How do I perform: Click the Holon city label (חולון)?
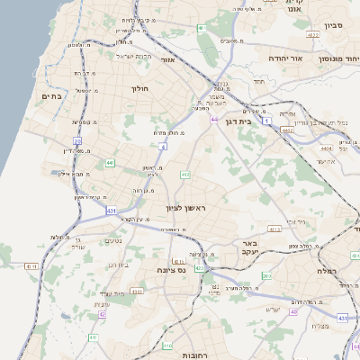pos(139,88)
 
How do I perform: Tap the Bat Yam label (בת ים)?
pos(49,95)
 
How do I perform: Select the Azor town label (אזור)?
pos(166,60)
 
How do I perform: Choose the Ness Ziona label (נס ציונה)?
pos(170,269)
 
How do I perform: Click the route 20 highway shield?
pos(77,140)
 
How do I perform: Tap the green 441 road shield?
pos(110,162)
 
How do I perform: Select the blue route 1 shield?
pos(267,119)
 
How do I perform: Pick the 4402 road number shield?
pos(288,130)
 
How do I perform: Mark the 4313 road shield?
pos(275,229)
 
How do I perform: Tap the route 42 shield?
pos(102,315)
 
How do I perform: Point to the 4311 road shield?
pos(31,266)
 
